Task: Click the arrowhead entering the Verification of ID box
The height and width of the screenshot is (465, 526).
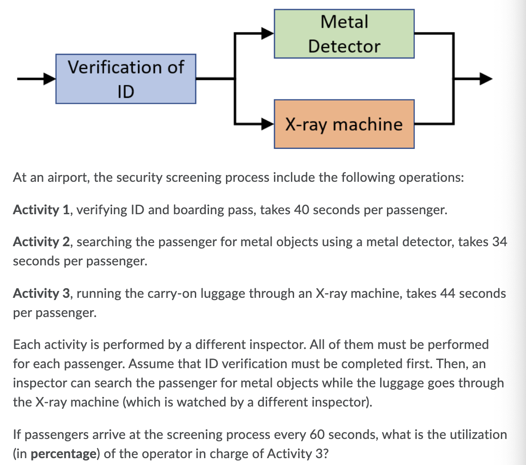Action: click(50, 79)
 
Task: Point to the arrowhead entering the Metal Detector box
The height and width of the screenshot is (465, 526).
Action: click(268, 33)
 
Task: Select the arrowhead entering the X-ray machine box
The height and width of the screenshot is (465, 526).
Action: click(268, 123)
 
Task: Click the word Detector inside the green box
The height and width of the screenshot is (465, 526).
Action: click(344, 46)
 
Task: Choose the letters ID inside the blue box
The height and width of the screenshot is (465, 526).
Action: click(126, 92)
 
